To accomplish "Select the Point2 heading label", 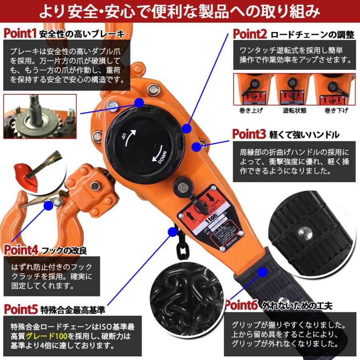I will point(250,34).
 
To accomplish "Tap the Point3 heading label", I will point(249,134).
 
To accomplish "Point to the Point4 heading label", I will point(21,250).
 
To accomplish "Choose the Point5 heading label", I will point(21,309).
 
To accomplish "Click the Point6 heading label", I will point(242,306).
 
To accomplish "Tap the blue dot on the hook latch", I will point(48,206).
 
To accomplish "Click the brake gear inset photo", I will point(40,116).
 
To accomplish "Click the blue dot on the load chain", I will point(173,231).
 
